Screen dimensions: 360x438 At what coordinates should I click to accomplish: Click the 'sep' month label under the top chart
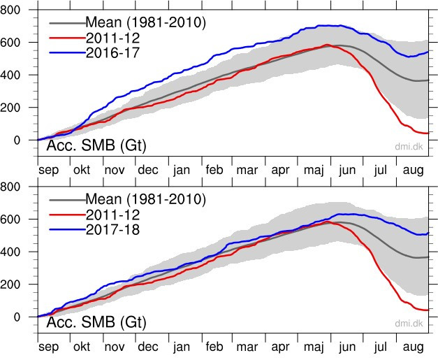pyautogui.click(x=48, y=170)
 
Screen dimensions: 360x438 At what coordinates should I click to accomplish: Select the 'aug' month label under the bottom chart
pyautogui.click(x=414, y=347)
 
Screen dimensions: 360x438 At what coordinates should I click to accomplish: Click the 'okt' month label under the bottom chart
pyautogui.click(x=81, y=347)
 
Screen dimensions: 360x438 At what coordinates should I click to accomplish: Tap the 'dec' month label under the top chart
pyautogui.click(x=147, y=170)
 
